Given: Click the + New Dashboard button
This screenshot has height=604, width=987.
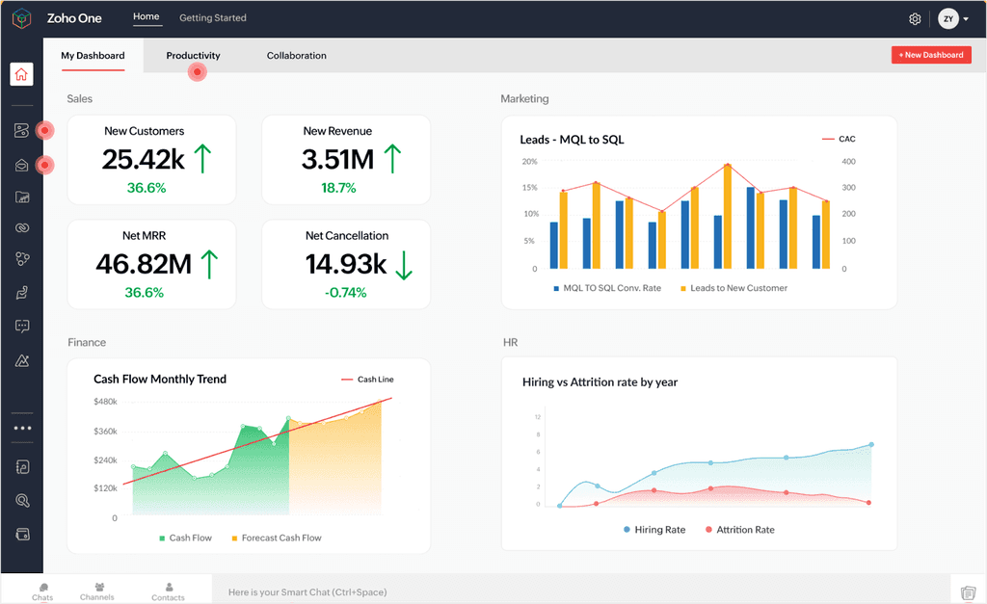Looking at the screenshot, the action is (x=930, y=55).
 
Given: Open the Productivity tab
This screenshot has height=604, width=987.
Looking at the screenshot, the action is (x=193, y=56).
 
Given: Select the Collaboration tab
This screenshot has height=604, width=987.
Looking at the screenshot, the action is (x=296, y=56).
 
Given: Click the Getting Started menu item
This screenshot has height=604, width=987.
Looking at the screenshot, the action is (x=212, y=17).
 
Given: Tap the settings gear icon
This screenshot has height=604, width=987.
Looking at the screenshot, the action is (x=915, y=19).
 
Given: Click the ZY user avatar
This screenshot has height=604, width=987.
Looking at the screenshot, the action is (x=947, y=19).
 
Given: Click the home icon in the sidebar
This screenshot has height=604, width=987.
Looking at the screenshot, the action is (x=22, y=74).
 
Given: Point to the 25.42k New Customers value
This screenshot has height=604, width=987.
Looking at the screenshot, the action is (x=143, y=159).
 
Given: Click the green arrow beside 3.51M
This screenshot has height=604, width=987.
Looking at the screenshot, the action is (x=392, y=158).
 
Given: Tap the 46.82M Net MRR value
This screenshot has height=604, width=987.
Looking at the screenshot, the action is (x=143, y=263).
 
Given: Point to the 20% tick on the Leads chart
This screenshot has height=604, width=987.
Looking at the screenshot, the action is (x=529, y=161).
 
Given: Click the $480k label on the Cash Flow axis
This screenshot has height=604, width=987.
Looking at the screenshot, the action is (x=105, y=401).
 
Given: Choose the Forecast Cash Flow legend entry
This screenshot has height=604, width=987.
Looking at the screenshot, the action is (x=280, y=538).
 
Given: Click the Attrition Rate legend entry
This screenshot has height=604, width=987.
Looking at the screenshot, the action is (x=744, y=530).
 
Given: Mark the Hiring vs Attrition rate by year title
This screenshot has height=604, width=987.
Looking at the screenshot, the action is (x=600, y=382).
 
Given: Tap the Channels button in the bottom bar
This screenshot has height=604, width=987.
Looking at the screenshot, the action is (x=97, y=591).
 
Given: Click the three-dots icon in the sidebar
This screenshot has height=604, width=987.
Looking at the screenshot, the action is (x=22, y=428).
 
